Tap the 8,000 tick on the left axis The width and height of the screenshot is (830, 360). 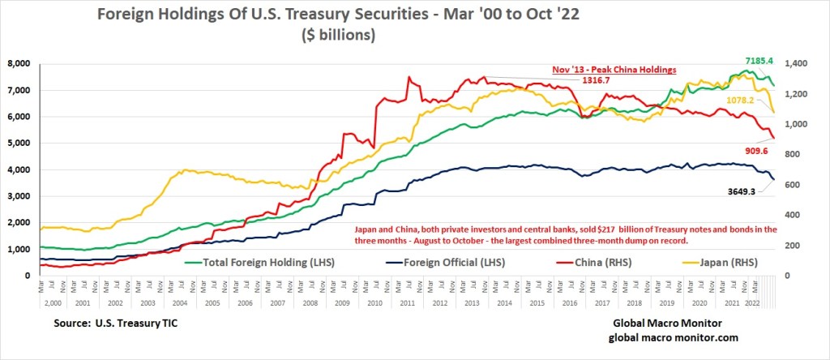click(19, 63)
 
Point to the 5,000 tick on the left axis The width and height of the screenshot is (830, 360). click(19, 143)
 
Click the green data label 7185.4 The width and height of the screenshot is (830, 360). click(764, 60)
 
